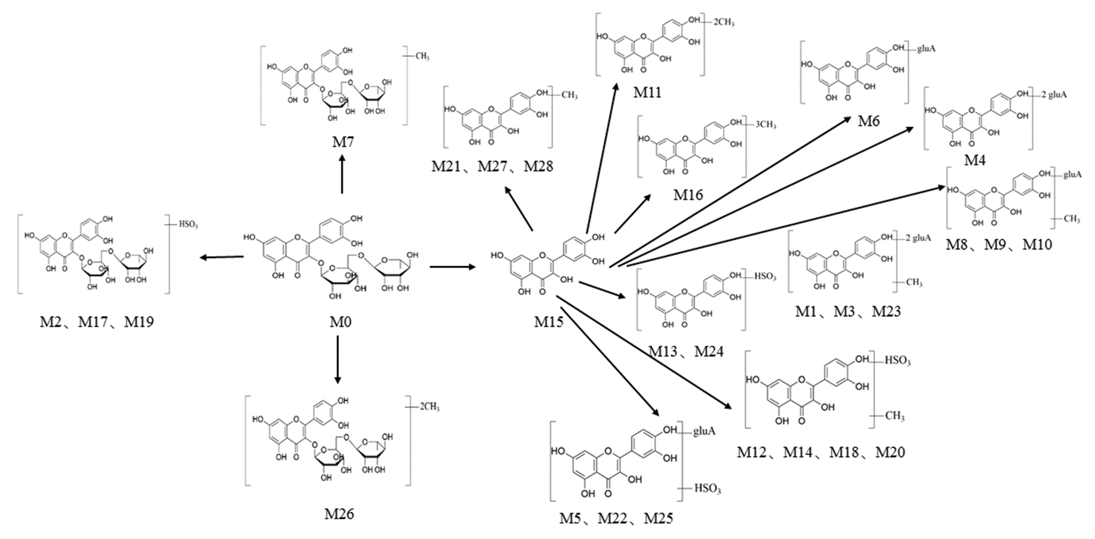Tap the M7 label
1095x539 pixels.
[x=342, y=142]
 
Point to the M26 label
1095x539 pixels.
[x=339, y=514]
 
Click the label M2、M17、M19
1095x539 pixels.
[x=97, y=322]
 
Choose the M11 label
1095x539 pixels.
[x=647, y=93]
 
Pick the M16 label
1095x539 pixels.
[x=688, y=195]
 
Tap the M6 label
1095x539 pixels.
[x=868, y=121]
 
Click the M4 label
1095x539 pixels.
[x=974, y=160]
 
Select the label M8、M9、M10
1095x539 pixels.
[x=999, y=245]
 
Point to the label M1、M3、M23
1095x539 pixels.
[x=848, y=312]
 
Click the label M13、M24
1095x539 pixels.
[x=686, y=351]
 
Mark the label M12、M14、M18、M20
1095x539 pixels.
[x=820, y=452]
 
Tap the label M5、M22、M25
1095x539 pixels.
[x=616, y=518]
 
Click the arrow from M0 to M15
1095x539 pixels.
[x=452, y=267]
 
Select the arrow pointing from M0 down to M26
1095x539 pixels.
[x=338, y=359]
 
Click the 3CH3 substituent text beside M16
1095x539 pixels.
[x=765, y=124]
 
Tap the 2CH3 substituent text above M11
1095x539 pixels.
[x=724, y=22]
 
